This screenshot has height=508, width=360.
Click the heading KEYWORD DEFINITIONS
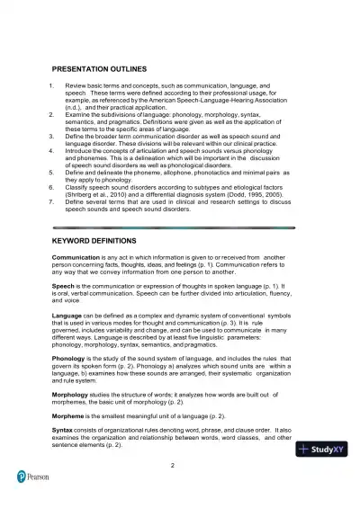pyautogui.click(x=94, y=242)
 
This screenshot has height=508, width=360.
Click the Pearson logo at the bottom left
pyautogui.click(x=34, y=476)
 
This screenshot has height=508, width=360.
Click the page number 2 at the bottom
pyautogui.click(x=172, y=465)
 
